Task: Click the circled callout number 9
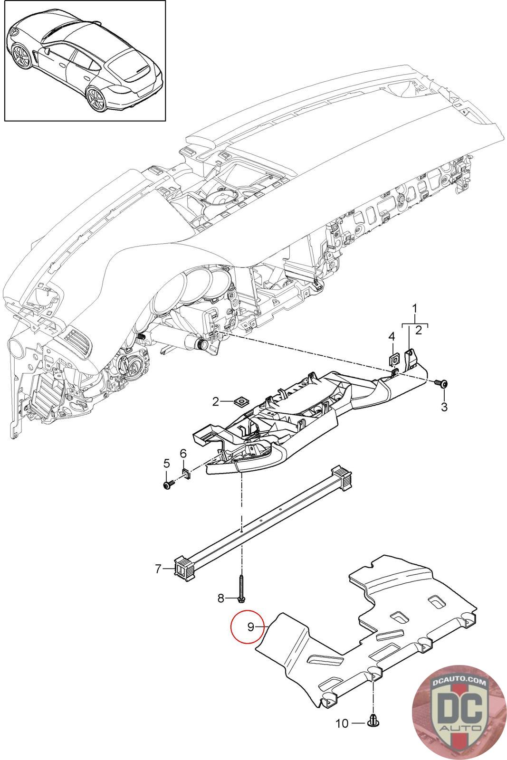250,627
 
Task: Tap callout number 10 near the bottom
342,723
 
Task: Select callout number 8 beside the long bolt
220,598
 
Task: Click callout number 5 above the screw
166,463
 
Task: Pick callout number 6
183,454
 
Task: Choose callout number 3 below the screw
444,407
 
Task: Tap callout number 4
392,336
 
